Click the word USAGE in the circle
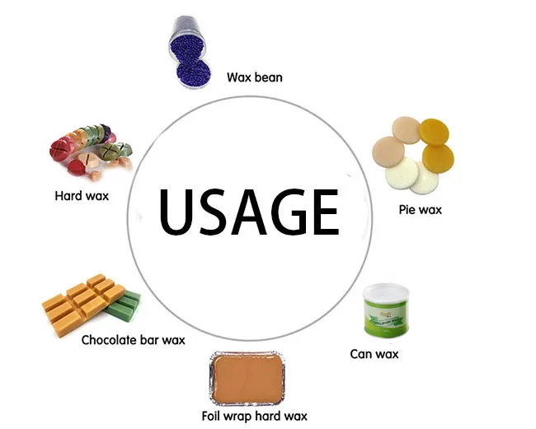click(x=248, y=211)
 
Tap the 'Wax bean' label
click(x=255, y=78)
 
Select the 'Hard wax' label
click(x=81, y=195)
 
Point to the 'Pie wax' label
click(x=419, y=209)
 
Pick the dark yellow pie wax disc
click(x=435, y=134)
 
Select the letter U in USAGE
click(x=176, y=211)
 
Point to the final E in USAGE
click(x=325, y=211)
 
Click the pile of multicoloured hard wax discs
click(x=89, y=148)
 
